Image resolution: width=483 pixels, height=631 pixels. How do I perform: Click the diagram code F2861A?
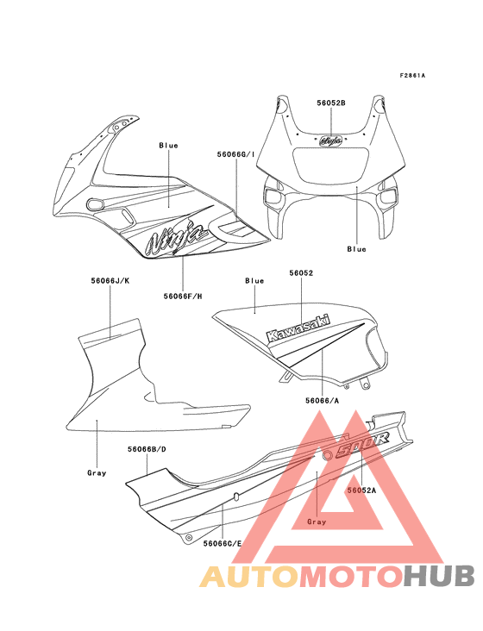412,75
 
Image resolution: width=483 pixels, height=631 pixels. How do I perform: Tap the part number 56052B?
331,103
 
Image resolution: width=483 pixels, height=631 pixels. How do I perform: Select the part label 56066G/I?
235,154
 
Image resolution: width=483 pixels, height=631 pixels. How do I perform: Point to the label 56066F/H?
183,297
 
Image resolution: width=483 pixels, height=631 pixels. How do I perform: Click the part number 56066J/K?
110,281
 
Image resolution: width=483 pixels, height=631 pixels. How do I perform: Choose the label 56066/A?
322,400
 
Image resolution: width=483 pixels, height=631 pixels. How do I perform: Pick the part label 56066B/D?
147,449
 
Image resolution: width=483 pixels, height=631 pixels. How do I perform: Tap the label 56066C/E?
223,543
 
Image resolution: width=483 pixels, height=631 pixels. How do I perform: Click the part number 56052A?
361,490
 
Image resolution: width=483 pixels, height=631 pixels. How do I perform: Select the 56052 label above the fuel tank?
301,273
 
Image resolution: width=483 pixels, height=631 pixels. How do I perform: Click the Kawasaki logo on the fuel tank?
298,328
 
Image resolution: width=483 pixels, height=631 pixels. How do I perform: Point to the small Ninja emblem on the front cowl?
331,141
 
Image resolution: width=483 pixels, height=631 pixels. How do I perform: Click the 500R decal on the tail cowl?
361,445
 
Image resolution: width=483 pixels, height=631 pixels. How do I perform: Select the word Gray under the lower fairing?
97,473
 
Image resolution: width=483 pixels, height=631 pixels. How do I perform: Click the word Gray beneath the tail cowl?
317,522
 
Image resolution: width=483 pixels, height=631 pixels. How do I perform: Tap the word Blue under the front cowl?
356,249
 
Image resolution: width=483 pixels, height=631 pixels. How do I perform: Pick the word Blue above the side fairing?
168,146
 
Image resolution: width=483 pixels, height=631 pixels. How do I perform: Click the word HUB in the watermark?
440,576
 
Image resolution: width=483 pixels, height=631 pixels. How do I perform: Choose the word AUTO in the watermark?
249,576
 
